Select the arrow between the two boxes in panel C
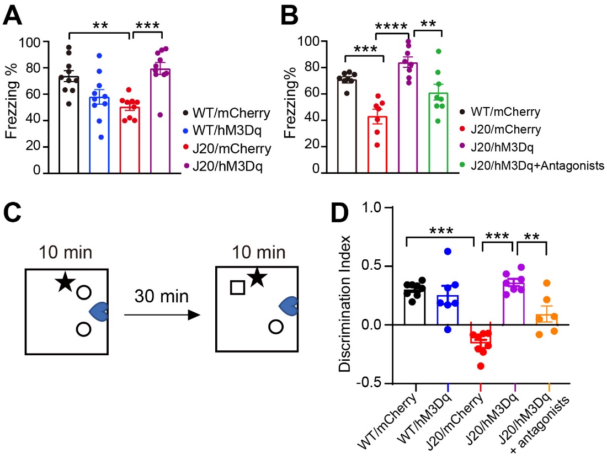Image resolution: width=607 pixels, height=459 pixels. [x=160, y=315]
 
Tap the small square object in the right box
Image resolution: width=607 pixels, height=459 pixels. [x=237, y=287]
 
